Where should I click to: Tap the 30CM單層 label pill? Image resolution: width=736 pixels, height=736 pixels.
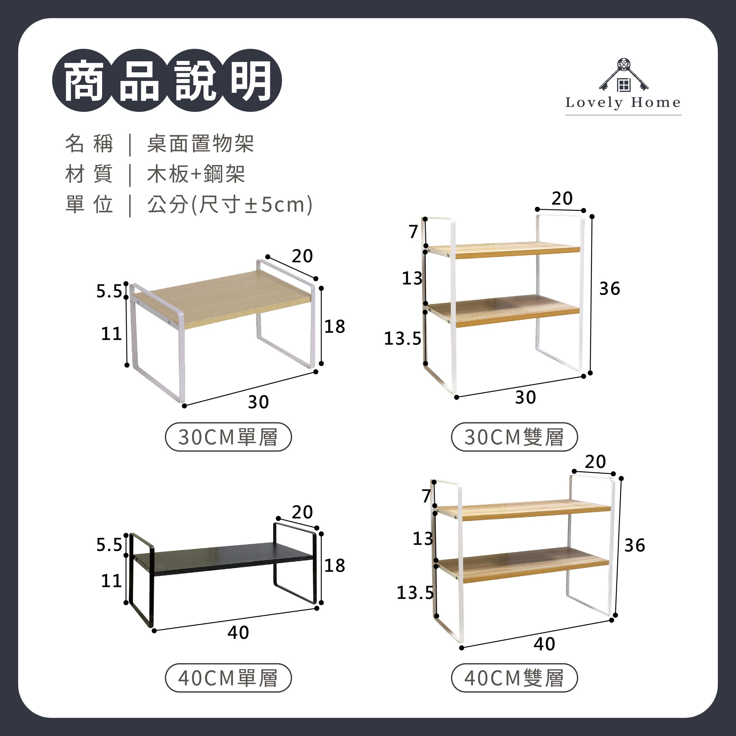click(228, 437)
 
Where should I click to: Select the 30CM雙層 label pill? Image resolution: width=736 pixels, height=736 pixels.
click(514, 437)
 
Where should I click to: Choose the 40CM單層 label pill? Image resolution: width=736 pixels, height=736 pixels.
click(228, 678)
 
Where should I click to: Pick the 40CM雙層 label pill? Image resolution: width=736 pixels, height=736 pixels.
click(514, 678)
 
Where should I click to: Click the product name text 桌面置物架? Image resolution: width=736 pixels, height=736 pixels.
click(200, 144)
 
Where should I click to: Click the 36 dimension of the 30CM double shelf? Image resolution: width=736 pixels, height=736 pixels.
click(610, 289)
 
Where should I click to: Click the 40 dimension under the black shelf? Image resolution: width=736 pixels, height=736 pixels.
click(238, 632)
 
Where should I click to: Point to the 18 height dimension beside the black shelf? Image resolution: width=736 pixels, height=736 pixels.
click(335, 566)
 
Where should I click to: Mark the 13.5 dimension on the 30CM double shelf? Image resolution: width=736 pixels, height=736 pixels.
click(402, 339)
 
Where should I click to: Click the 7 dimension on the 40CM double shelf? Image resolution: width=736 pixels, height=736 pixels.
click(426, 496)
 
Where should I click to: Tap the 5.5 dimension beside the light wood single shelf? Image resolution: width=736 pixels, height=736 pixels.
click(109, 291)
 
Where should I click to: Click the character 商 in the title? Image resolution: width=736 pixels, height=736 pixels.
click(84, 81)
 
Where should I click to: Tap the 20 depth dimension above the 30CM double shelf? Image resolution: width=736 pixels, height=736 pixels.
click(562, 198)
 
